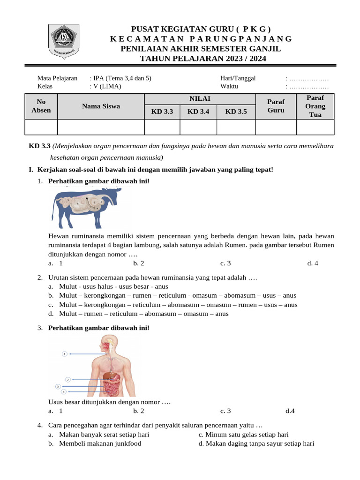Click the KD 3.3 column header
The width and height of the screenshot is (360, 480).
(162, 112)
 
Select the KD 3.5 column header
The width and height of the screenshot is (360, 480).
(236, 112)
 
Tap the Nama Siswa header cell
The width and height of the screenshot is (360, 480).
(101, 106)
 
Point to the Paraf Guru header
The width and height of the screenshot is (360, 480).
(276, 106)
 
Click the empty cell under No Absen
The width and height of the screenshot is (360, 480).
(40, 127)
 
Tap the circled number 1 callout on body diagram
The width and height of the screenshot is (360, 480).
(65, 354)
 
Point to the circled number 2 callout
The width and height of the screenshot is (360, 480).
(68, 379)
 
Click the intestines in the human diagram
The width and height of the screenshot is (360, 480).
(112, 387)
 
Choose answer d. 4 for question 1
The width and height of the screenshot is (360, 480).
(313, 263)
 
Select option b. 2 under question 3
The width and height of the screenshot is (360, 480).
(138, 411)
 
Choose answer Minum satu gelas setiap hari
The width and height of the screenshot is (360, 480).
(243, 435)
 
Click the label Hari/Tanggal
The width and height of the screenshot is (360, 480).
(238, 78)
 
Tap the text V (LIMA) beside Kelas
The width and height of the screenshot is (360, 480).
(107, 86)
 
